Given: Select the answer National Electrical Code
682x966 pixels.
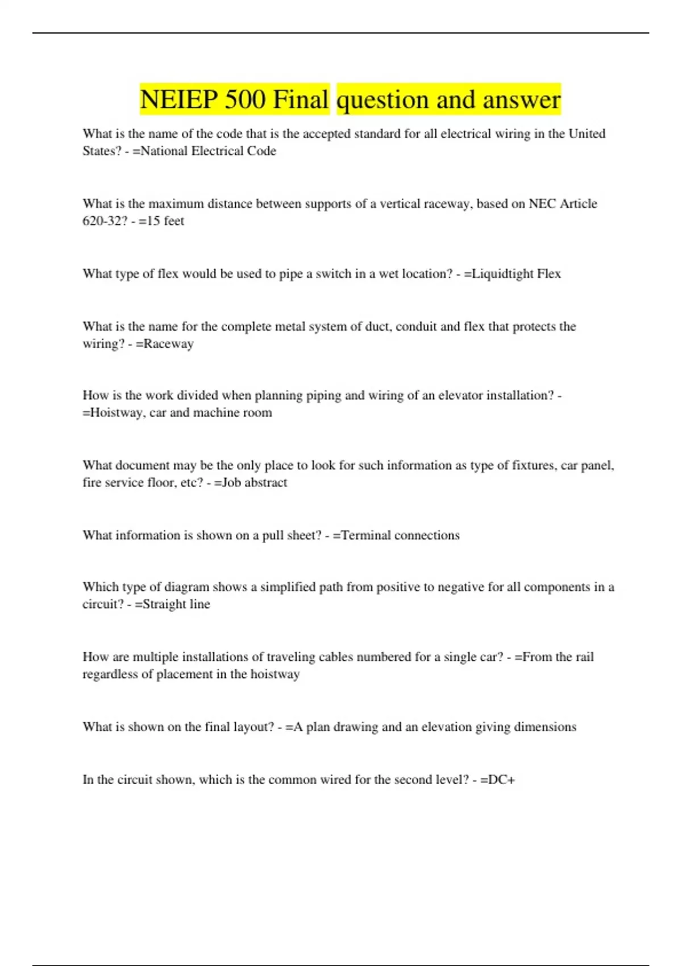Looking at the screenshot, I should tap(208, 151).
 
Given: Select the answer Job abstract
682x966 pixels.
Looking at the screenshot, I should tap(254, 482).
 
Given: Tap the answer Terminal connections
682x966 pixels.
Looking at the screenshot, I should tap(400, 535).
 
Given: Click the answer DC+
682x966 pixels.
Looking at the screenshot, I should tap(501, 780).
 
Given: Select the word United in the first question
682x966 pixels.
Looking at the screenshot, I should tap(587, 134).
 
